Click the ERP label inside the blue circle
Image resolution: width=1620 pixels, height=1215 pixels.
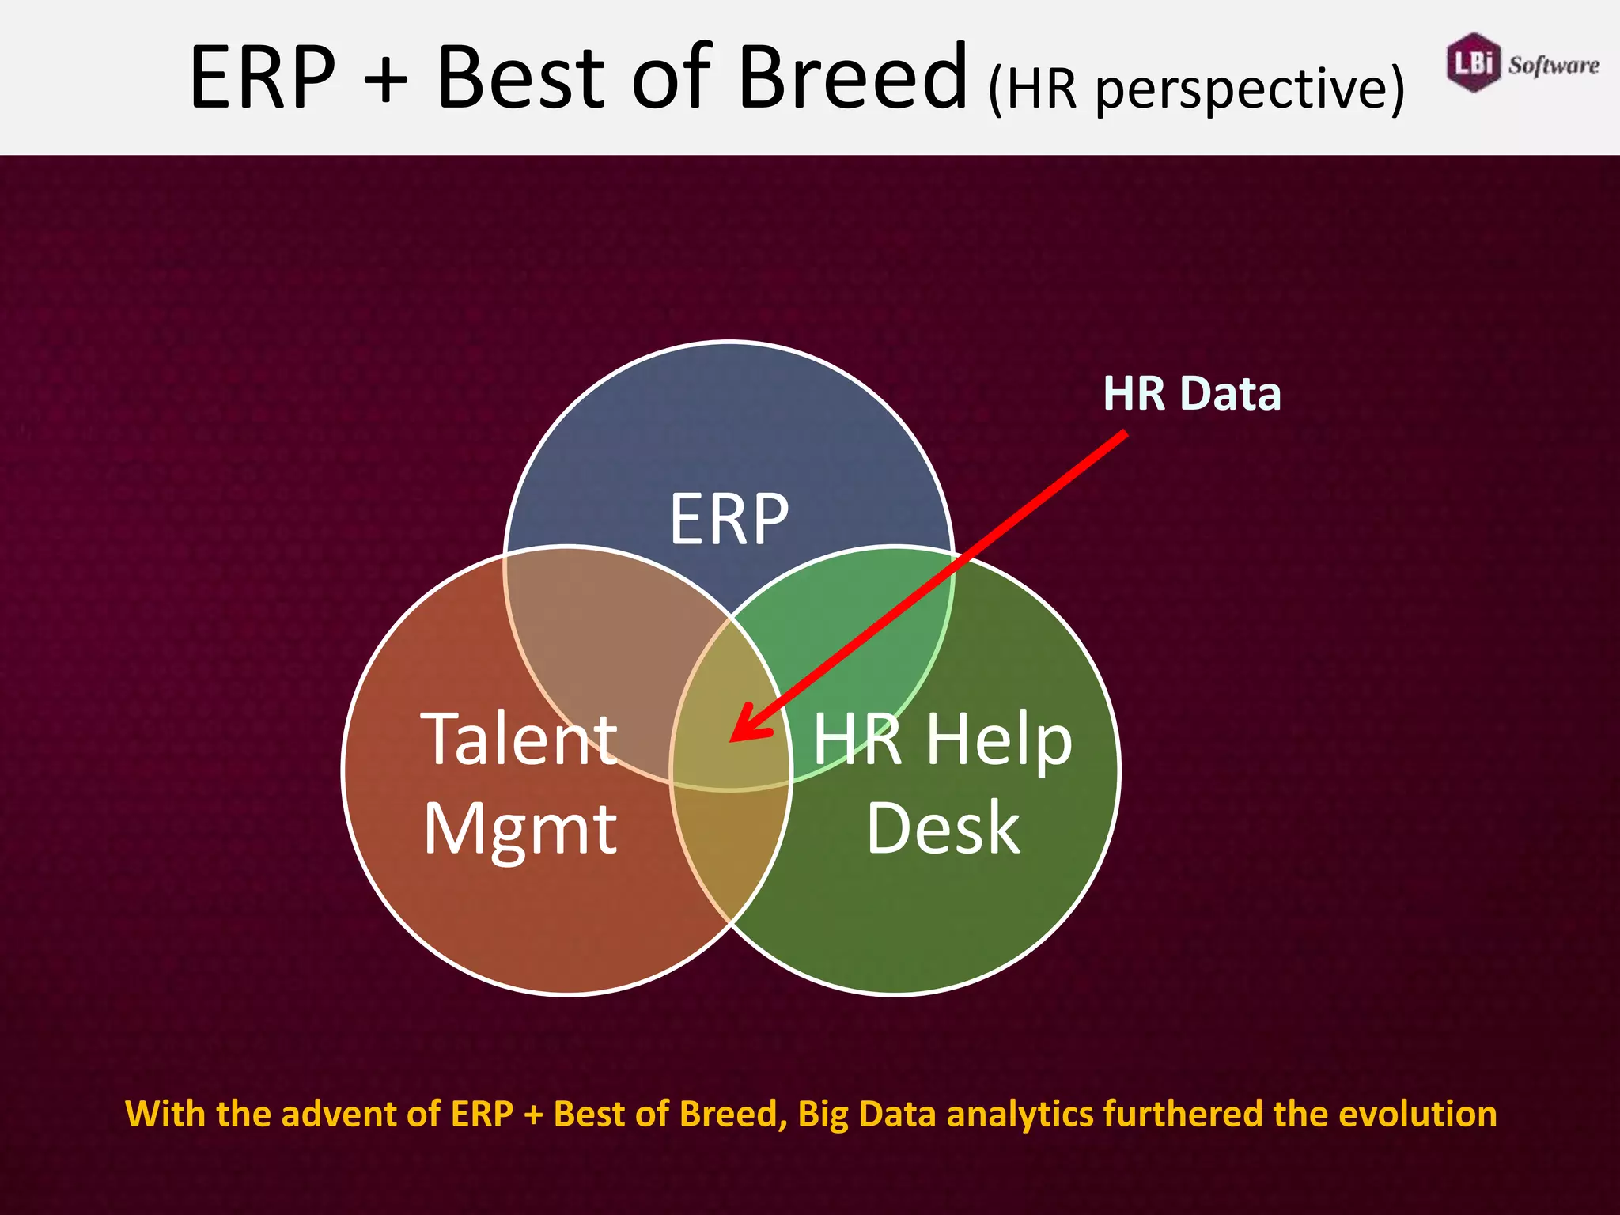(x=729, y=520)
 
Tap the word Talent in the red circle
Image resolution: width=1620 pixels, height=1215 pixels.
(x=518, y=739)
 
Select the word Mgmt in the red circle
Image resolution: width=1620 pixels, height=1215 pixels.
(x=520, y=829)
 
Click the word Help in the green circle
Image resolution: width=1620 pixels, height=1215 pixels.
(x=998, y=739)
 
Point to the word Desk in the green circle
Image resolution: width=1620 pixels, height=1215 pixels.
(x=943, y=828)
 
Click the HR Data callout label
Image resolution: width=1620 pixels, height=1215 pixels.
(x=1191, y=393)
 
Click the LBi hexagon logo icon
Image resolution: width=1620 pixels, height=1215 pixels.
(x=1473, y=62)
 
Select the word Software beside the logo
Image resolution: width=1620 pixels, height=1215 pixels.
(x=1554, y=65)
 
